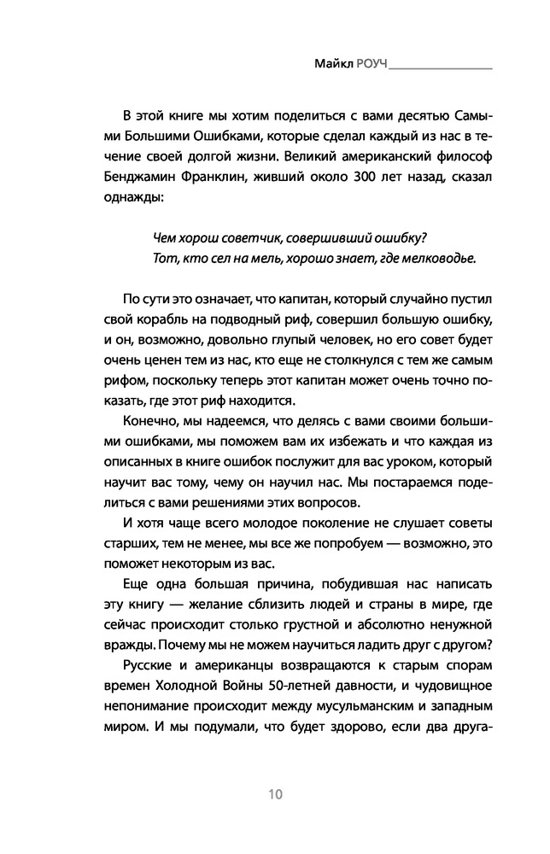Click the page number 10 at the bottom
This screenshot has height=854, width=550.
(274, 794)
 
